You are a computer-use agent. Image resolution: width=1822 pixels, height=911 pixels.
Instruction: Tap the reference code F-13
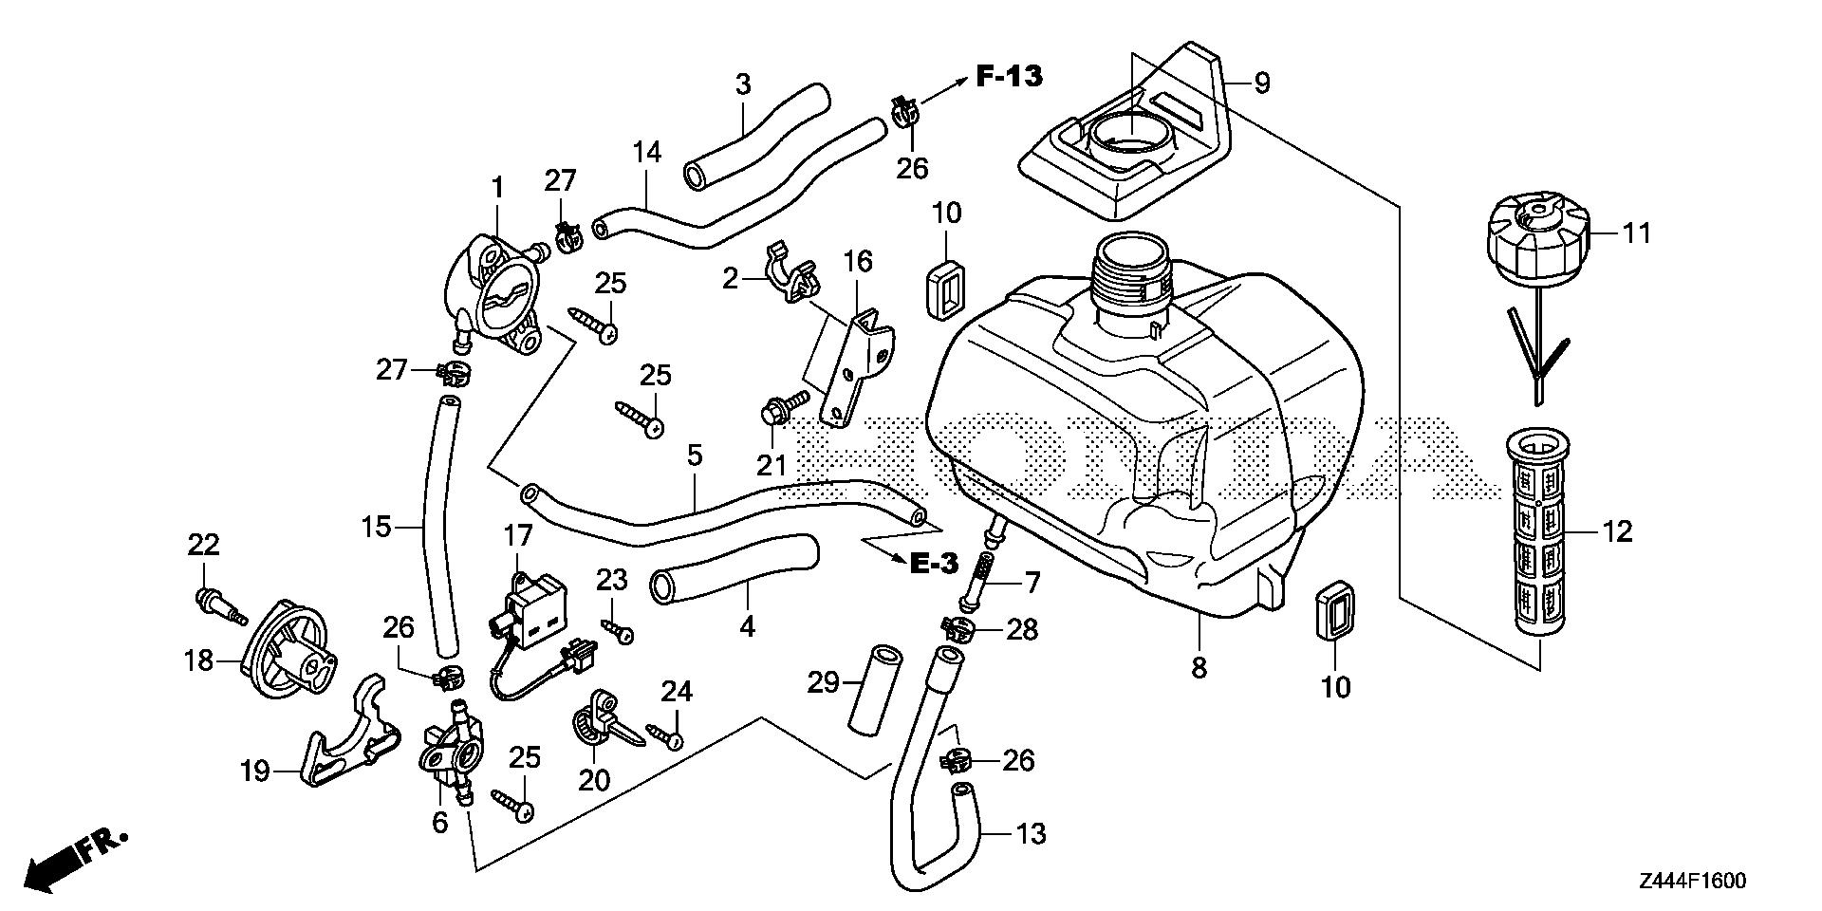point(1010,76)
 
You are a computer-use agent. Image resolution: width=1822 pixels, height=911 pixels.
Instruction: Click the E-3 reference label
point(934,564)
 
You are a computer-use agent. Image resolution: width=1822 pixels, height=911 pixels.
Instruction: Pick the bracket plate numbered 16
point(859,365)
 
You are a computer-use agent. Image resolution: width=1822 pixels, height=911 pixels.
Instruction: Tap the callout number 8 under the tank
point(1199,667)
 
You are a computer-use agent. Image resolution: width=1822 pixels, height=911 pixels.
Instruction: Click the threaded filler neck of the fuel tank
point(1132,270)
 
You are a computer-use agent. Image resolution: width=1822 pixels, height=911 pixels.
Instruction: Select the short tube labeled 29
point(875,692)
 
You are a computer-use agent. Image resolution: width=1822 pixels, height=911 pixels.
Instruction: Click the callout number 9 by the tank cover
point(1261,84)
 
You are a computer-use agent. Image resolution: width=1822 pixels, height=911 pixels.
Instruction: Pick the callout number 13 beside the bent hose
point(1031,834)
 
